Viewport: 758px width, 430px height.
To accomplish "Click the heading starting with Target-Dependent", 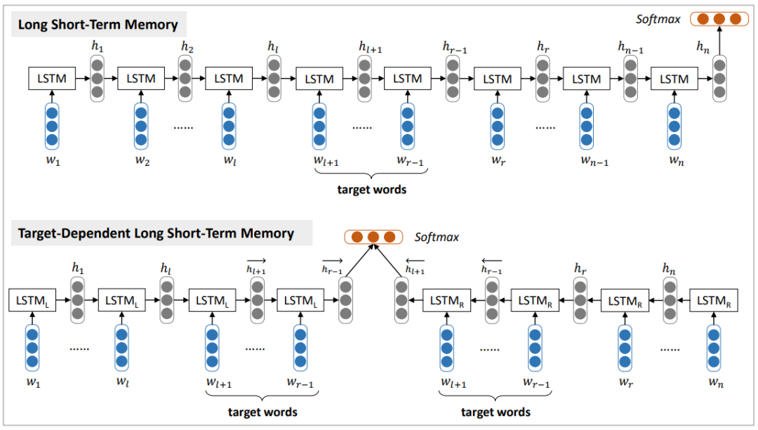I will (x=156, y=233).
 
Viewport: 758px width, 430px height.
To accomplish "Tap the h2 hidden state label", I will (x=186, y=47).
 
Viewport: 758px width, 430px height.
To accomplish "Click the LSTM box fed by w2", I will (x=140, y=79).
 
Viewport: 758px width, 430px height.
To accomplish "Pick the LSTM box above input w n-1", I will (x=586, y=79).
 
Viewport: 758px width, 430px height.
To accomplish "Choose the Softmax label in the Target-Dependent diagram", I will (x=437, y=237).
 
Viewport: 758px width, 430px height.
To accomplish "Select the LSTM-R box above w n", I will (x=714, y=301).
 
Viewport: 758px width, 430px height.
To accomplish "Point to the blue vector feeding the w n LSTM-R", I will (x=714, y=348).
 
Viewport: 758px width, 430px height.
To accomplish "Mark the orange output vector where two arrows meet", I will (x=373, y=237).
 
